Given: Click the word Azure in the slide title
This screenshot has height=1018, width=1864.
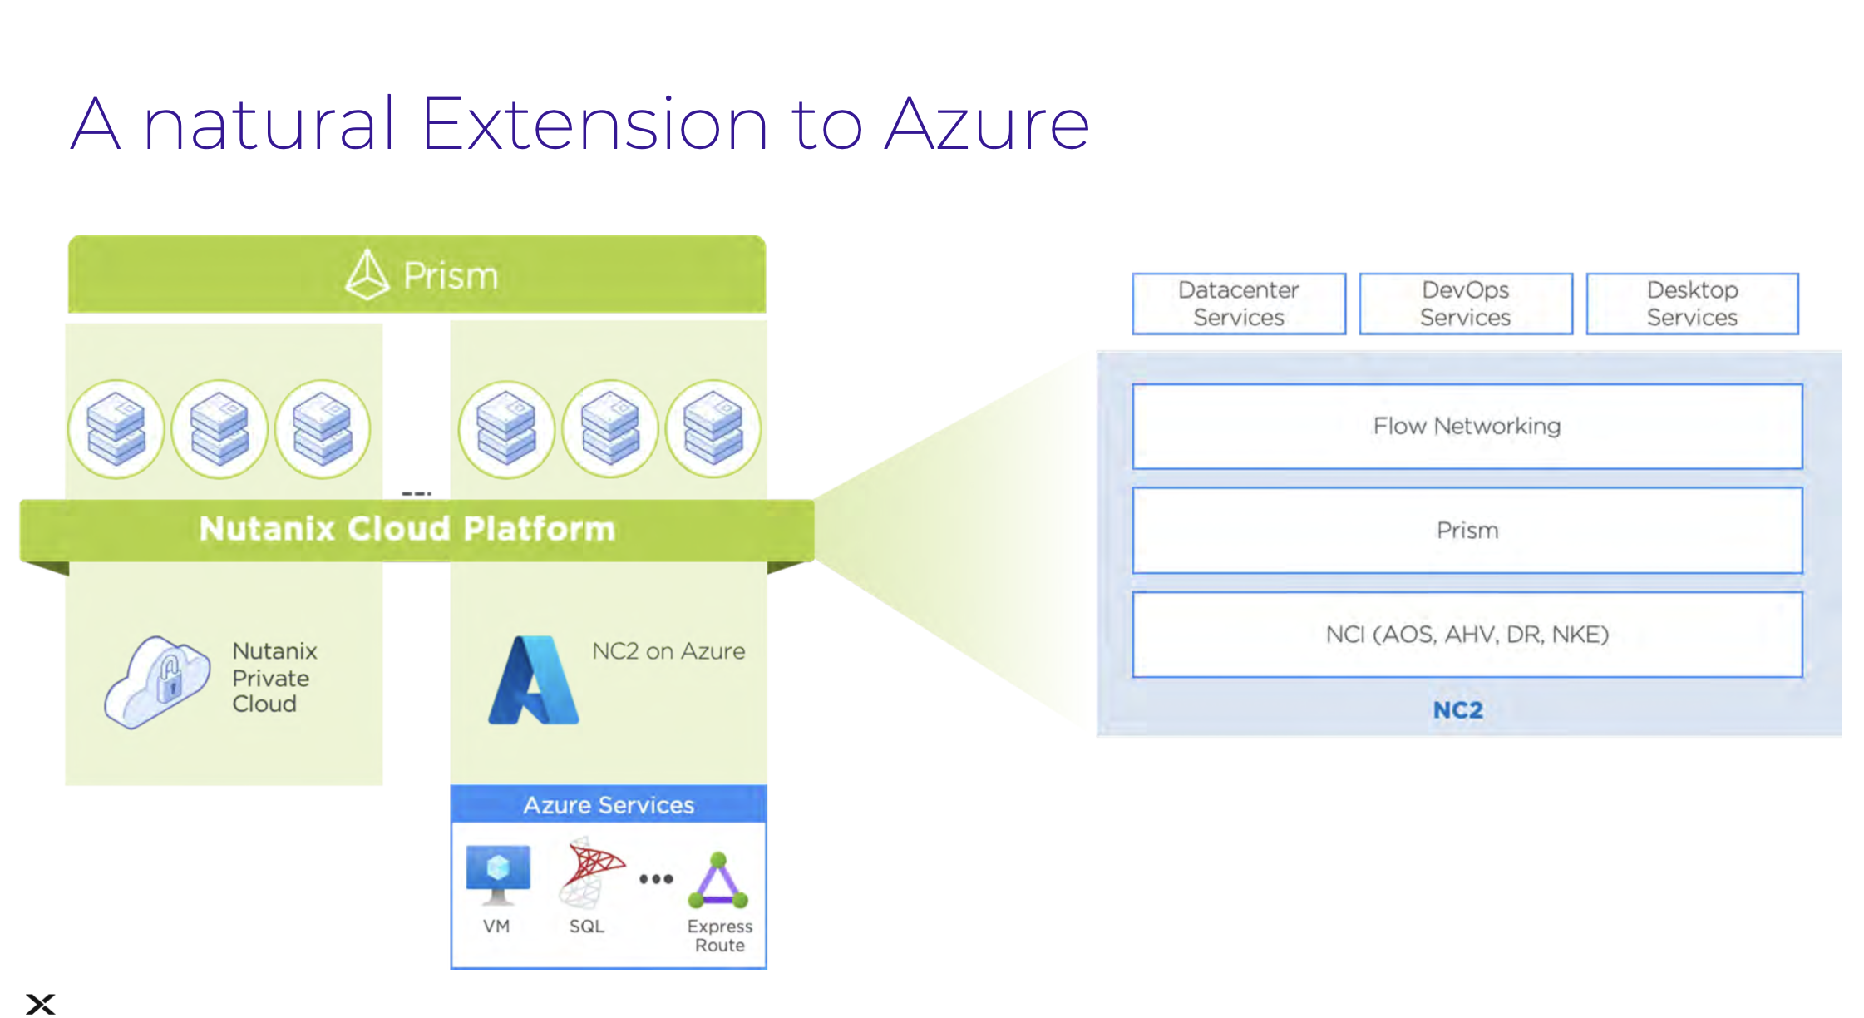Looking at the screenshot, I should pyautogui.click(x=987, y=126).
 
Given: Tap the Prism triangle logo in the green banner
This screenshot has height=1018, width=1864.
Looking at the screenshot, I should pyautogui.click(x=367, y=274).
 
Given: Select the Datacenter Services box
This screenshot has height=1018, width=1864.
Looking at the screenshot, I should pyautogui.click(x=1238, y=304).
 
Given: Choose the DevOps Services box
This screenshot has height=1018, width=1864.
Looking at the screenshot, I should pyautogui.click(x=1465, y=304).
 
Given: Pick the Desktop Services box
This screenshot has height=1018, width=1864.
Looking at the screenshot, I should pyautogui.click(x=1692, y=304).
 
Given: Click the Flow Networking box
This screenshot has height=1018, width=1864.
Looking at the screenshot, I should pyautogui.click(x=1467, y=426).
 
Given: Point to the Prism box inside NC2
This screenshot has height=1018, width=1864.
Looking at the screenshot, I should pyautogui.click(x=1467, y=531).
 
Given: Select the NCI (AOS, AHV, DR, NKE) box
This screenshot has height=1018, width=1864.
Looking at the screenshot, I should pyautogui.click(x=1467, y=635).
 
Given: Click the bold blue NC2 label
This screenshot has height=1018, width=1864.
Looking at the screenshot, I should pyautogui.click(x=1457, y=710).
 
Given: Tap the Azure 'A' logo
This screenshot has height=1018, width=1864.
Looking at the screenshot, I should pyautogui.click(x=533, y=680).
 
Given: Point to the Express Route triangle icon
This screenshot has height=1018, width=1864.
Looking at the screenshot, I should pyautogui.click(x=718, y=881).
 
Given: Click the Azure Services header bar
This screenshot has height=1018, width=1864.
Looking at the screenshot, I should pyautogui.click(x=608, y=804).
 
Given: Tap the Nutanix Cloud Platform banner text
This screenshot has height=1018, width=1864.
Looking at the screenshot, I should pyautogui.click(x=407, y=529).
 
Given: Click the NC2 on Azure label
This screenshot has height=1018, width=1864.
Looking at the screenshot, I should pyautogui.click(x=668, y=651).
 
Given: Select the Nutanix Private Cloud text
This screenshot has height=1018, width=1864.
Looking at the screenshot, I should pyautogui.click(x=274, y=677).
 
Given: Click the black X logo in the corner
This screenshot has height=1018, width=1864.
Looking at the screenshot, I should pyautogui.click(x=40, y=1004).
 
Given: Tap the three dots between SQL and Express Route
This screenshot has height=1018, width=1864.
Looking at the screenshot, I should pyautogui.click(x=656, y=879).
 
